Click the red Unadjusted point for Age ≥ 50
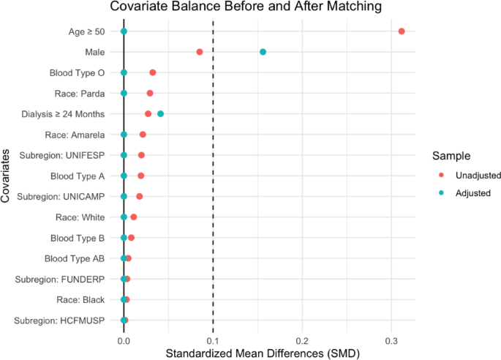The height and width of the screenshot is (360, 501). (402, 31)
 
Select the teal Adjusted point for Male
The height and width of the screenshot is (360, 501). (263, 52)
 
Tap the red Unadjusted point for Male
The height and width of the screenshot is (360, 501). (200, 52)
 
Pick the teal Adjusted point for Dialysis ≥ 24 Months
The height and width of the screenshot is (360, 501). (161, 114)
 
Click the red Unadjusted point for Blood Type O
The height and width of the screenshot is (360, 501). (153, 72)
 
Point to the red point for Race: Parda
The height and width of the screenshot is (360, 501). (150, 93)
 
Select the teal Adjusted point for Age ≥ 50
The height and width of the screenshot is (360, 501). (124, 31)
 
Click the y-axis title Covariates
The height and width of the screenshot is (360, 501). (7, 176)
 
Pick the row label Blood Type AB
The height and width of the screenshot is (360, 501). (78, 258)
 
